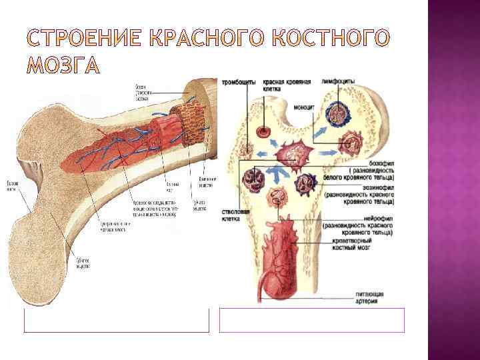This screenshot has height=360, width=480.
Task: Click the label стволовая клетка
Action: tap(235, 216)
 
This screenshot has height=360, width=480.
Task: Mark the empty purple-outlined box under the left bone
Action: tap(116, 320)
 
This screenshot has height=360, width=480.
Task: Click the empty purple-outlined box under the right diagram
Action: tap(312, 320)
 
